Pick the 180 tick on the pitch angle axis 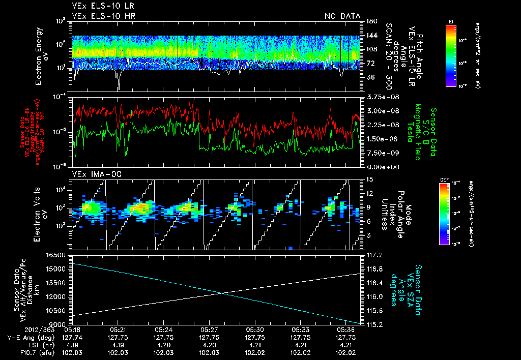(x=370, y=21)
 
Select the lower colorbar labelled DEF (x=450, y=214)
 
